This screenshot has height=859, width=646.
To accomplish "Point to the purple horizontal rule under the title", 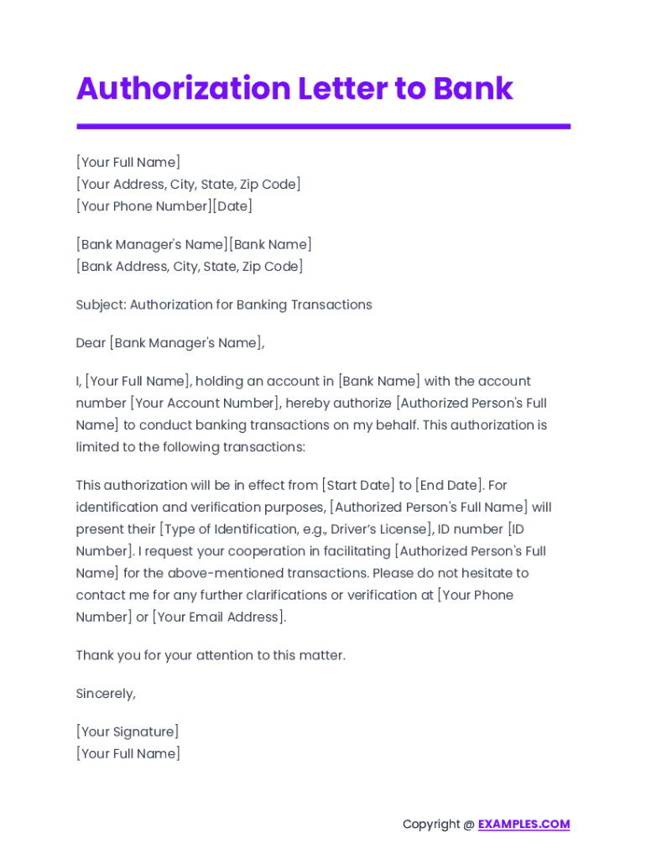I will pos(323,127).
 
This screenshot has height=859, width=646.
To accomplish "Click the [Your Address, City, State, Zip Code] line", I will pos(188,184).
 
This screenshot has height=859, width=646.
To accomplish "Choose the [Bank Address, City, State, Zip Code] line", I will pos(190,266).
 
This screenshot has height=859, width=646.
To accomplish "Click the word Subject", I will pos(101,305).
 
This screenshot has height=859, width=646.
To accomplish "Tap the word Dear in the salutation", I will pos(91,342).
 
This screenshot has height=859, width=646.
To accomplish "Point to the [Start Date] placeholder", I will pos(357,485).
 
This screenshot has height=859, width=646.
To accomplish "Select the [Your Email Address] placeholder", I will pos(219,617).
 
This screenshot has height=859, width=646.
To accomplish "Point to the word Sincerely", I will pos(106,694).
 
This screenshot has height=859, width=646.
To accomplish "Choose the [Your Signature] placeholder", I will pos(128,731).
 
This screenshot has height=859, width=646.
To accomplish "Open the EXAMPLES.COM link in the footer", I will pos(524,824).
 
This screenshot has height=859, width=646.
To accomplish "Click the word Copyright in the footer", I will pos(431,824).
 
